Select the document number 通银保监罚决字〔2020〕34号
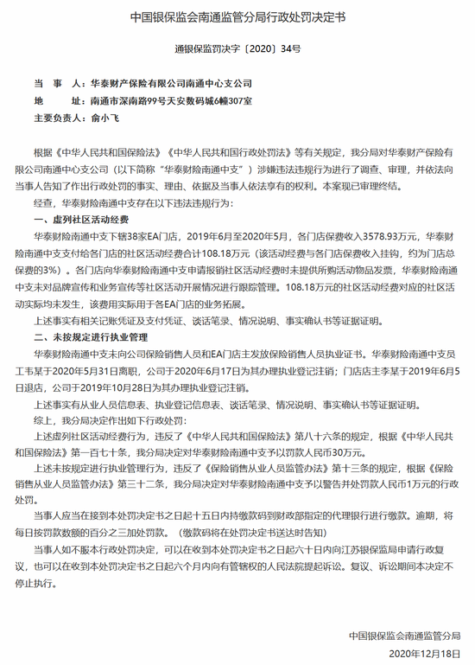237,48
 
